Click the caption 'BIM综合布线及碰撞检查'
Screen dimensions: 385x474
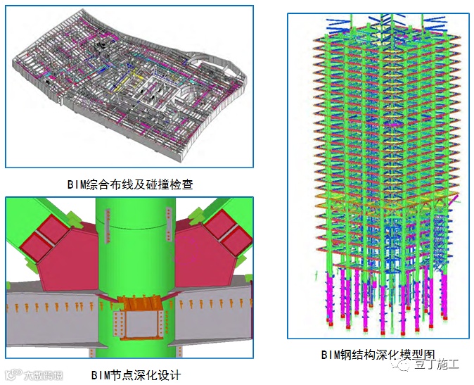(x=130, y=184)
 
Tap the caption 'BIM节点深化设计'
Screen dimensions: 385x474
(x=136, y=374)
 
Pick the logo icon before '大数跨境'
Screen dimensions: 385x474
(x=11, y=374)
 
